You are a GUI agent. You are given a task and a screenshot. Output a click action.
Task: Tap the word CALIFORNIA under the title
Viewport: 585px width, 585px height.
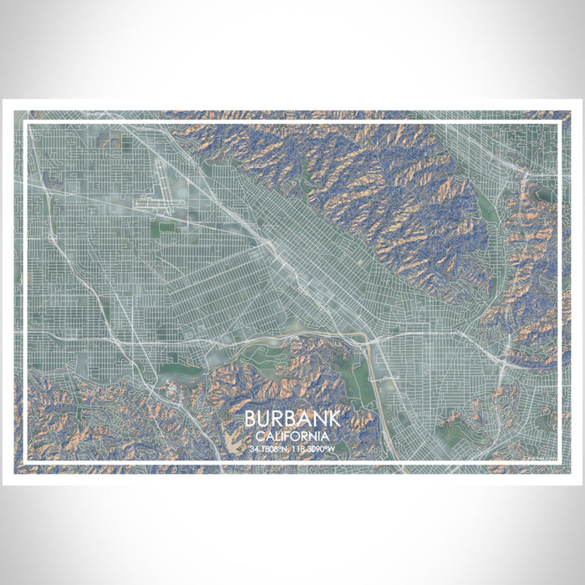(x=292, y=436)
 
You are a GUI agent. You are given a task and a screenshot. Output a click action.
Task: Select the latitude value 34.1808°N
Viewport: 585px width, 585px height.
(x=269, y=449)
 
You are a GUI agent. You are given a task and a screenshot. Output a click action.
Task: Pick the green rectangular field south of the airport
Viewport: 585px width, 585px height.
(x=167, y=225)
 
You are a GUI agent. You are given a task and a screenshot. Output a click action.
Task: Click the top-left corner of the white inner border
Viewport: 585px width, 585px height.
(x=26, y=124)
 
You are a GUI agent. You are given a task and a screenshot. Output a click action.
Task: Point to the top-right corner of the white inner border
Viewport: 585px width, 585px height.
(x=558, y=124)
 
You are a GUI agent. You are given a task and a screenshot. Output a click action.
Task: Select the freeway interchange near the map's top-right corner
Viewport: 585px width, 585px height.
(x=521, y=167)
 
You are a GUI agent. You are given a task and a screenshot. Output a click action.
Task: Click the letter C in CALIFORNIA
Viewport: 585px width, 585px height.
(x=260, y=436)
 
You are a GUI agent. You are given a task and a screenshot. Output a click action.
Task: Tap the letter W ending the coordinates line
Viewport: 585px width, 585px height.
(x=333, y=449)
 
